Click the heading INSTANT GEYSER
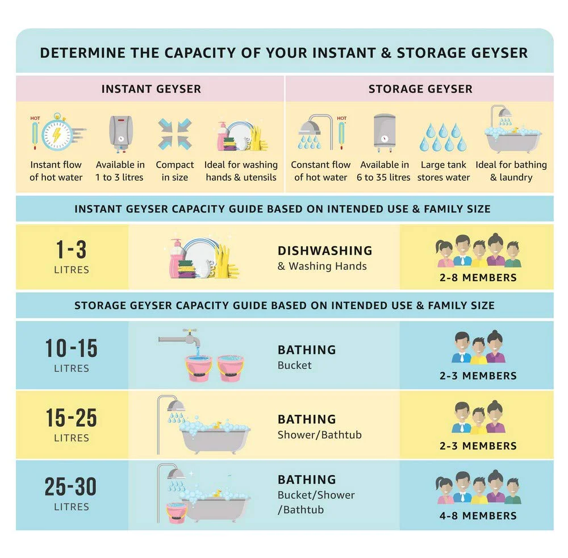tap(151, 89)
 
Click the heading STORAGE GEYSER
tap(420, 89)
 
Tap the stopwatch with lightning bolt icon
tap(57, 132)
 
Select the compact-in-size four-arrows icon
tap(175, 134)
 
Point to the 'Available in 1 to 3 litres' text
tap(120, 171)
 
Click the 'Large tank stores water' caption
tap(444, 171)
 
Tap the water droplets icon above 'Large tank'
tap(443, 137)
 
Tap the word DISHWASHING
tap(325, 251)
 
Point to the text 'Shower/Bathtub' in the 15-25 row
tap(319, 435)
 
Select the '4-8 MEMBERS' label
tap(478, 515)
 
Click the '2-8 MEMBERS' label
tap(478, 277)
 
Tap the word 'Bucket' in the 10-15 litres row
tap(294, 365)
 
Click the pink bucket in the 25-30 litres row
tap(177, 513)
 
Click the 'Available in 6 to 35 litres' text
tap(383, 171)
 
